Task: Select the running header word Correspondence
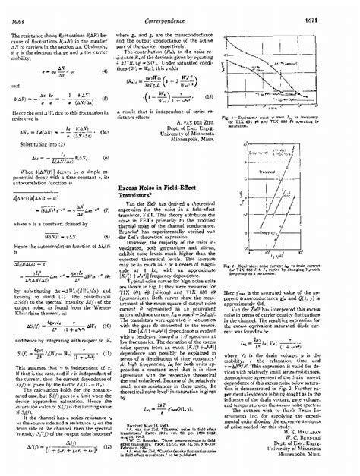tap(180, 10)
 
